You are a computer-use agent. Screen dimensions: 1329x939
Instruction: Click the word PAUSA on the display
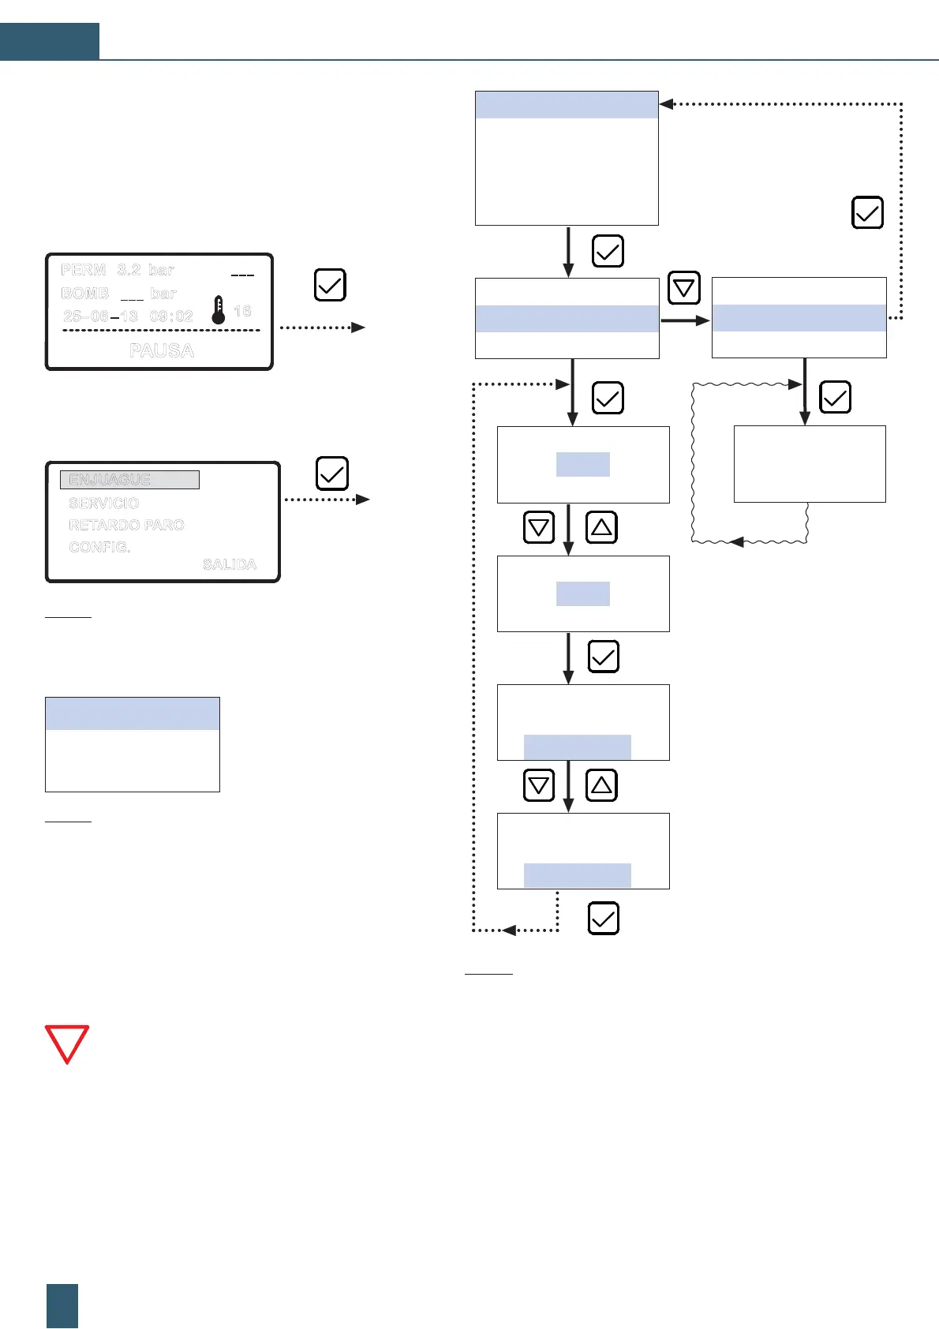pos(162,350)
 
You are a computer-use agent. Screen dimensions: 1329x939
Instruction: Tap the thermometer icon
pos(219,310)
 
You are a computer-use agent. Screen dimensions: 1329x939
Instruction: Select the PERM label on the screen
pos(83,270)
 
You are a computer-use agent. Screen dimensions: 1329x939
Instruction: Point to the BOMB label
pos(84,294)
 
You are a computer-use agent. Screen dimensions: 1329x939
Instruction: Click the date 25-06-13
pos(100,316)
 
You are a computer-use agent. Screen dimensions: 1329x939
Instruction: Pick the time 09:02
pos(171,316)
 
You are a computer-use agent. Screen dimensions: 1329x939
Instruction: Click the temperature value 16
pos(242,311)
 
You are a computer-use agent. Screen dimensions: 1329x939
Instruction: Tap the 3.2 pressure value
pos(129,270)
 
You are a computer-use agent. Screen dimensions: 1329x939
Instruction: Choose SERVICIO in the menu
pos(103,503)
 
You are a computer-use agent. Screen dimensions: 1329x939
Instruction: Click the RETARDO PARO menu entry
pos(126,525)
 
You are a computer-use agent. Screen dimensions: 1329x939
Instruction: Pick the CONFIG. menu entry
pos(99,547)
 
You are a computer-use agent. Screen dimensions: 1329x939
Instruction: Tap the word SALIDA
pos(229,564)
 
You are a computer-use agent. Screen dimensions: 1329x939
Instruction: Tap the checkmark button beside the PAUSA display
pos(330,285)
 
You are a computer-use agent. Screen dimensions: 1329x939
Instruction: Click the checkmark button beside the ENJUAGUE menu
pos(331,474)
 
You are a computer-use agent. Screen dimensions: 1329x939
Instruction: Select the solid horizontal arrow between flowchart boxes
pos(684,320)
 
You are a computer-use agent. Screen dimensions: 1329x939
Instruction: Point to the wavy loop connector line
pos(693,466)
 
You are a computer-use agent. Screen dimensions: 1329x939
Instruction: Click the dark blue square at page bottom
pos(62,1305)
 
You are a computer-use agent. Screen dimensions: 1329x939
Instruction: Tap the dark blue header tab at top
pos(50,42)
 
